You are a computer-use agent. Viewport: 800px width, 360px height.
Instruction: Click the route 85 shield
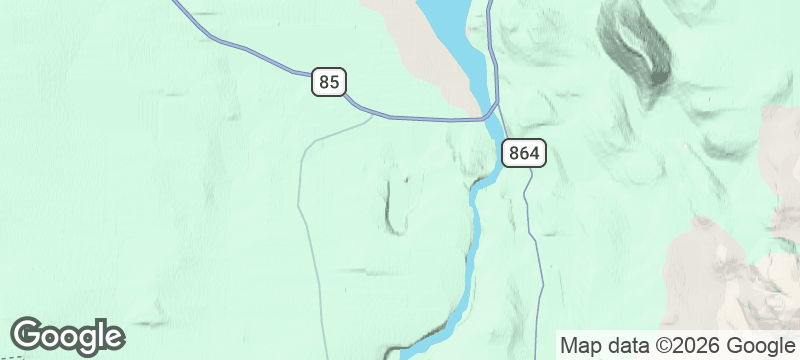[327, 81]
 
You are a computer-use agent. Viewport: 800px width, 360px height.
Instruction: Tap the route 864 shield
[523, 153]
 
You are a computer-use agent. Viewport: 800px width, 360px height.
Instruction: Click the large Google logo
[67, 336]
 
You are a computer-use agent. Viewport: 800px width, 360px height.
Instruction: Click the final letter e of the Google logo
[113, 337]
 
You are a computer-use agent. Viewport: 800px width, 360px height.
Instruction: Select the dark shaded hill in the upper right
[635, 45]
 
